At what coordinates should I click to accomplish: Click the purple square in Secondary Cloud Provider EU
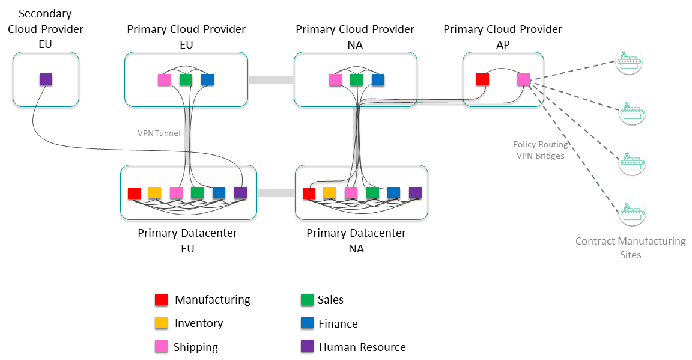46,79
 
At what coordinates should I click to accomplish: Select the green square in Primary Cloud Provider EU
186,79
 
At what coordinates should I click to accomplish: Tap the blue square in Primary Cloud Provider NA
378,79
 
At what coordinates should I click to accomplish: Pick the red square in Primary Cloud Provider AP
482,79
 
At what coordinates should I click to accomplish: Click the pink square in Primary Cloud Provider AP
523,79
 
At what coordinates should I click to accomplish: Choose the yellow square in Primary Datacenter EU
155,193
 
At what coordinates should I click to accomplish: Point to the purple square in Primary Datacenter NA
415,192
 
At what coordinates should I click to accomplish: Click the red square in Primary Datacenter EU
134,193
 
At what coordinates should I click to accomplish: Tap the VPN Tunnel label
159,133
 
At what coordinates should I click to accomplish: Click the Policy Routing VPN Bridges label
540,150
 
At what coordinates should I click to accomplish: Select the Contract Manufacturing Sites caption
630,248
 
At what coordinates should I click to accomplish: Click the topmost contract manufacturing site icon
629,61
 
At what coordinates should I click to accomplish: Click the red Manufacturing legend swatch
161,299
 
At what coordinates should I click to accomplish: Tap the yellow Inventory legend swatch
161,323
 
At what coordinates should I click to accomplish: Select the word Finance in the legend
338,323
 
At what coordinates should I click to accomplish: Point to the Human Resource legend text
362,347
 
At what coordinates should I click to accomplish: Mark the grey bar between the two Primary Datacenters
276,193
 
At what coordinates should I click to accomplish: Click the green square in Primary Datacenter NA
372,192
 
